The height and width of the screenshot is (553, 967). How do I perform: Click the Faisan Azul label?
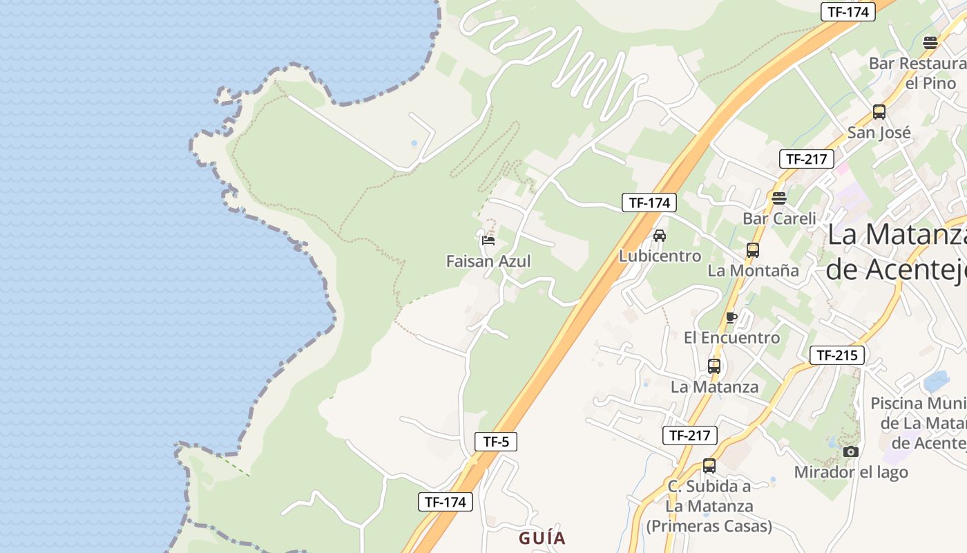pyautogui.click(x=488, y=261)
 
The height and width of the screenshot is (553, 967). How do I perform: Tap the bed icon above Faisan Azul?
pyautogui.click(x=488, y=241)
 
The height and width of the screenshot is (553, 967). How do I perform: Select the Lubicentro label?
pyautogui.click(x=660, y=256)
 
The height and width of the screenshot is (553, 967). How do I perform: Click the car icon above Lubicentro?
pyautogui.click(x=660, y=235)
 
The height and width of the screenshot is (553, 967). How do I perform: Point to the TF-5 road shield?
pyautogui.click(x=496, y=442)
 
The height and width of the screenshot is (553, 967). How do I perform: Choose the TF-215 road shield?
pyautogui.click(x=836, y=355)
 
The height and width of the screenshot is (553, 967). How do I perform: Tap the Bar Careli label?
pyautogui.click(x=779, y=218)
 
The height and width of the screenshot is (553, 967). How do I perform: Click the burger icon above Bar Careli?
pyautogui.click(x=779, y=198)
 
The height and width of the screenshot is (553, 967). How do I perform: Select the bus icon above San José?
pyautogui.click(x=879, y=111)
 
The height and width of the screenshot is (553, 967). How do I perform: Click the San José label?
pyautogui.click(x=879, y=132)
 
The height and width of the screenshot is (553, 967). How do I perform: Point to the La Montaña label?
pyautogui.click(x=753, y=270)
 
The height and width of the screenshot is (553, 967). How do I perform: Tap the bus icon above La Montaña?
pyautogui.click(x=753, y=250)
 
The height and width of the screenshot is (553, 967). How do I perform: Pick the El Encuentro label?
pyautogui.click(x=731, y=338)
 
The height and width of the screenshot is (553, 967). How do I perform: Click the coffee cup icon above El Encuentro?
pyautogui.click(x=731, y=317)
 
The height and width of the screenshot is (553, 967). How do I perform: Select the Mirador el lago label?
pyautogui.click(x=851, y=472)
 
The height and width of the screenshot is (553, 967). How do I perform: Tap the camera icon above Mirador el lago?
pyautogui.click(x=851, y=451)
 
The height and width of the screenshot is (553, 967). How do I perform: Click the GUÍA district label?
pyautogui.click(x=542, y=538)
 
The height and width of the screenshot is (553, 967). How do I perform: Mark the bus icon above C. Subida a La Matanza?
pyautogui.click(x=709, y=465)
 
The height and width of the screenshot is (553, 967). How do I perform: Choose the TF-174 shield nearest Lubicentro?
pyautogui.click(x=649, y=203)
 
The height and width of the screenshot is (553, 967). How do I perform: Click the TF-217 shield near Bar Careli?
pyautogui.click(x=806, y=159)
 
